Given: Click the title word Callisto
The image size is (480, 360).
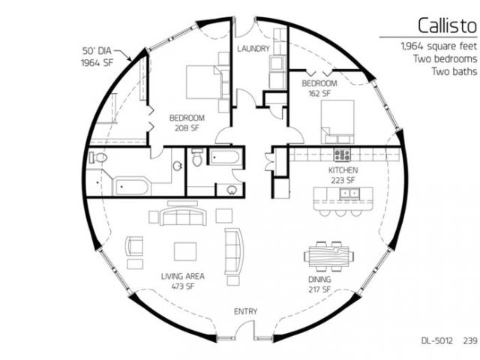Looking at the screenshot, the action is [447, 25].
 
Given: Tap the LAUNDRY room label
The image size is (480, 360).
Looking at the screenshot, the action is [253, 48].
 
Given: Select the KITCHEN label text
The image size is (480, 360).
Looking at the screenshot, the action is [343, 170].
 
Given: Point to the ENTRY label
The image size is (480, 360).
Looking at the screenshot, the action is [245, 311].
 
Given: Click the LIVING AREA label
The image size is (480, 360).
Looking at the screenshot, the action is [183, 276].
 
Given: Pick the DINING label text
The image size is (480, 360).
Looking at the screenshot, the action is [319, 279].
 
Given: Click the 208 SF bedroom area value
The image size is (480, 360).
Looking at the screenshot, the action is [187, 128].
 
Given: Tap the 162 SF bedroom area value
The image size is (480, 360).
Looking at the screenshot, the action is [319, 93].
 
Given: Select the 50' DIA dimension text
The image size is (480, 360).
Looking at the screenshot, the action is [97, 50].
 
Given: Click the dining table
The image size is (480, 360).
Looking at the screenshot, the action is [328, 256].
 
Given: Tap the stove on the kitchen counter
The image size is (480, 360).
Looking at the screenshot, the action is [342, 155].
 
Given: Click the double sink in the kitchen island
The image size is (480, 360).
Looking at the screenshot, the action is [349, 193].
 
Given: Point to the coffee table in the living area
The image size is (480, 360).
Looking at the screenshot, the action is [185, 251].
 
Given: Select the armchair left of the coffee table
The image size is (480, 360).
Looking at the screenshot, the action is [134, 246].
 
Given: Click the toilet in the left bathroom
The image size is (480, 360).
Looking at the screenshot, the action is [98, 157].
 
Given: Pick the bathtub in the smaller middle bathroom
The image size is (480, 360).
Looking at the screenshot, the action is [223, 157].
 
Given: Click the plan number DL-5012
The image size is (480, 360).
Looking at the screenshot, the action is [436, 340].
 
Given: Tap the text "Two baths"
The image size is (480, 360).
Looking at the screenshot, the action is [454, 71].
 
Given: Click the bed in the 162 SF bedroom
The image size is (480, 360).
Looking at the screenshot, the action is [337, 121].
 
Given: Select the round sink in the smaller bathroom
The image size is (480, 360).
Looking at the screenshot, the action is [232, 190].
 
